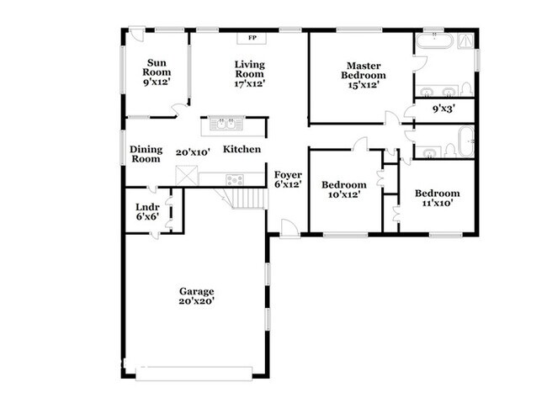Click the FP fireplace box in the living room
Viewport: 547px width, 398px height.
pos(251,38)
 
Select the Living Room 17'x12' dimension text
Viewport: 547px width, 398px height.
pos(250,84)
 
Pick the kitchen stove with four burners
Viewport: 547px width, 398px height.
pos(235,179)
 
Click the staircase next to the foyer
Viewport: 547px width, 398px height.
pos(249,199)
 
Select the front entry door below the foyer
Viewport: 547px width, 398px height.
pos(289,228)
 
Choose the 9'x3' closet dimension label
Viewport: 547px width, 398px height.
pos(443,109)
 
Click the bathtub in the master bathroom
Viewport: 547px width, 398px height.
pos(436,40)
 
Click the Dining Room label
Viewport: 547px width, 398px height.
pos(146,154)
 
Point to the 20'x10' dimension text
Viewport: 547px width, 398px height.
pos(192,153)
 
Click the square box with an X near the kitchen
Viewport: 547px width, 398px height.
pos(186,175)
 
